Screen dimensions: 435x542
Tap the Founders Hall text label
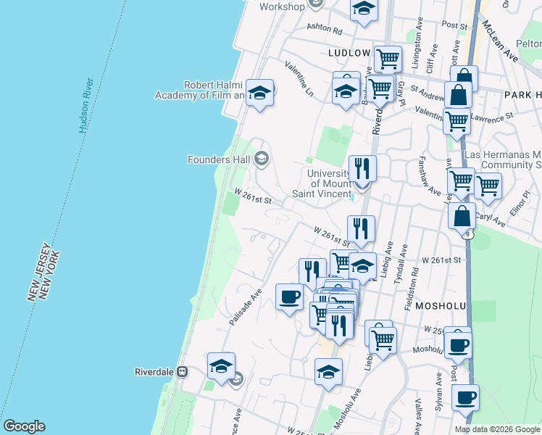coord(218,159)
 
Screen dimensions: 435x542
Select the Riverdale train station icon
coord(182,372)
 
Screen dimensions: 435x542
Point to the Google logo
coord(24,426)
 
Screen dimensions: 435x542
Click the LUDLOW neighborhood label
coord(349,53)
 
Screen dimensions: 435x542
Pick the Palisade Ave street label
coord(246,308)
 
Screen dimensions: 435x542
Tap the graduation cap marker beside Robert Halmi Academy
coord(259,94)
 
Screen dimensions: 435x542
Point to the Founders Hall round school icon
coord(261,159)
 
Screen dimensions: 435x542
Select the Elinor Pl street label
coord(527,204)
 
